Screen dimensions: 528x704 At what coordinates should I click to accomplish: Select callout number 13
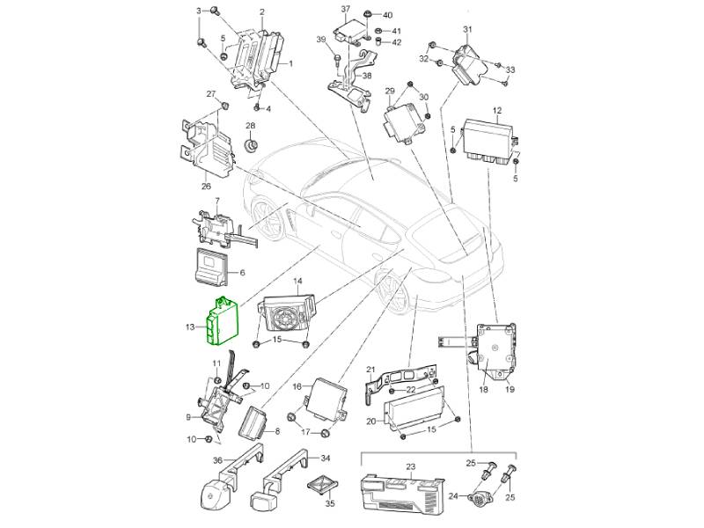pyautogui.click(x=189, y=327)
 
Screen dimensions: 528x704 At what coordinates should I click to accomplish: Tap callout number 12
pyautogui.click(x=496, y=111)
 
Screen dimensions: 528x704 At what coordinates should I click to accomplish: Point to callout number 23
pyautogui.click(x=410, y=466)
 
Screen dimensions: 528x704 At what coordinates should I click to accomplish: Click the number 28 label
pyautogui.click(x=250, y=126)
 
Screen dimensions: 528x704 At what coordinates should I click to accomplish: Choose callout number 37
pyautogui.click(x=346, y=9)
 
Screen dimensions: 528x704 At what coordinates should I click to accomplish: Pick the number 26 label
pyautogui.click(x=206, y=186)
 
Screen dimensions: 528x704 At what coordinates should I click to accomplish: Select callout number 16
pyautogui.click(x=297, y=386)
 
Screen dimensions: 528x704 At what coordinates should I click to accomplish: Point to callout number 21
pyautogui.click(x=371, y=370)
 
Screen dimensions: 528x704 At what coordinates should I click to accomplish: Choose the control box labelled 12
pyautogui.click(x=484, y=137)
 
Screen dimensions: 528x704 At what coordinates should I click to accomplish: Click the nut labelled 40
pyautogui.click(x=366, y=15)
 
